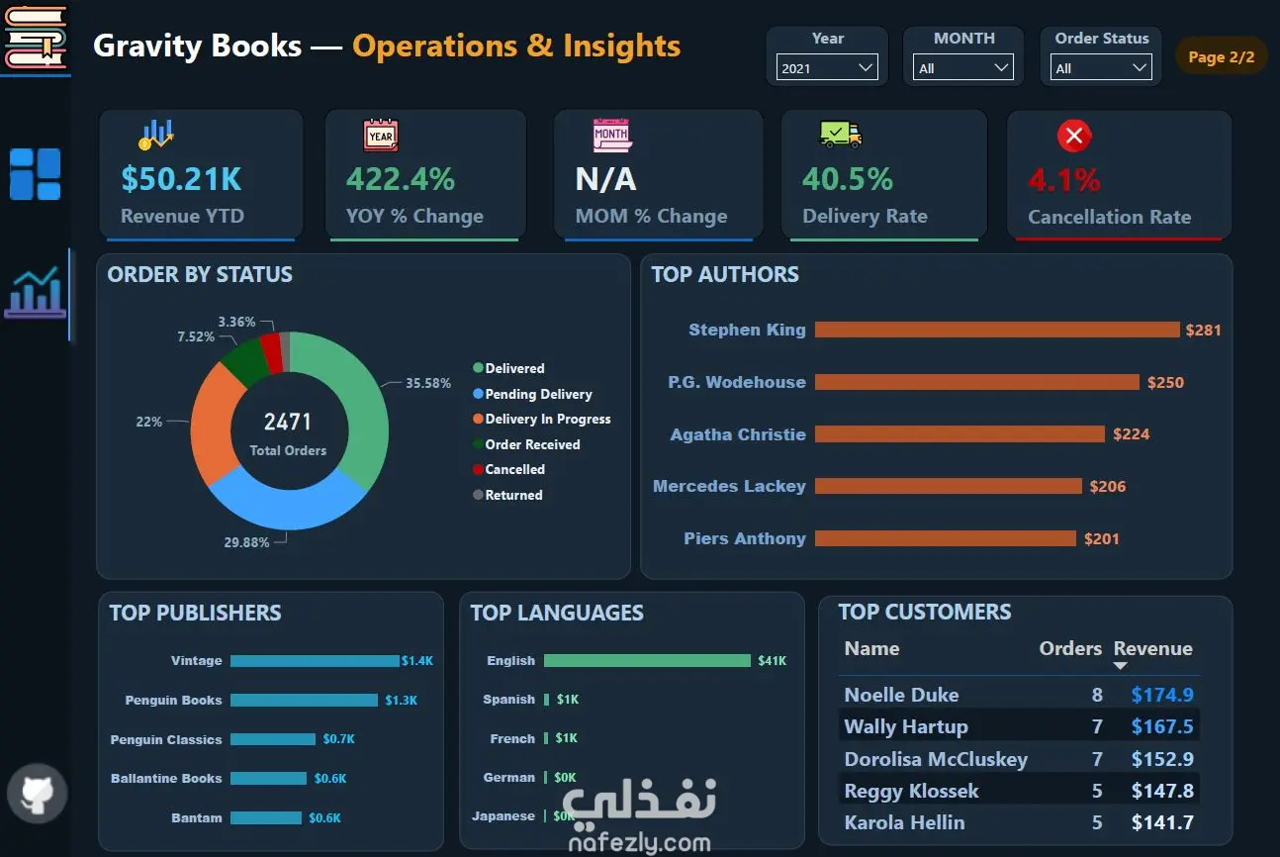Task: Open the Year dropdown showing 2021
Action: (827, 67)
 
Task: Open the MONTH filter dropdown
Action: (962, 67)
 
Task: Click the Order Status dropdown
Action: (1101, 67)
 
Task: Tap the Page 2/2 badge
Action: (1221, 56)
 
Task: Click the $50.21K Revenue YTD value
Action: (181, 178)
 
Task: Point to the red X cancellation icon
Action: (1073, 136)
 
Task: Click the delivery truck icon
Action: (841, 135)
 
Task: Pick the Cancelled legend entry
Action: (509, 469)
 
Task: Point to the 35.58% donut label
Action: (428, 383)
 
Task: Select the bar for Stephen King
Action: (997, 330)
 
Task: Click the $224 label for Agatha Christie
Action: (1131, 433)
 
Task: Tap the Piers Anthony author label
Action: (745, 538)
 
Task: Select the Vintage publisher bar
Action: (315, 661)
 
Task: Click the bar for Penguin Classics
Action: (273, 739)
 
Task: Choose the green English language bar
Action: (647, 661)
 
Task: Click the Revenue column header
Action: (1152, 648)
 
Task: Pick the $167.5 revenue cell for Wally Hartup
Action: (1162, 726)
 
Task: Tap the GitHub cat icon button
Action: (38, 794)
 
